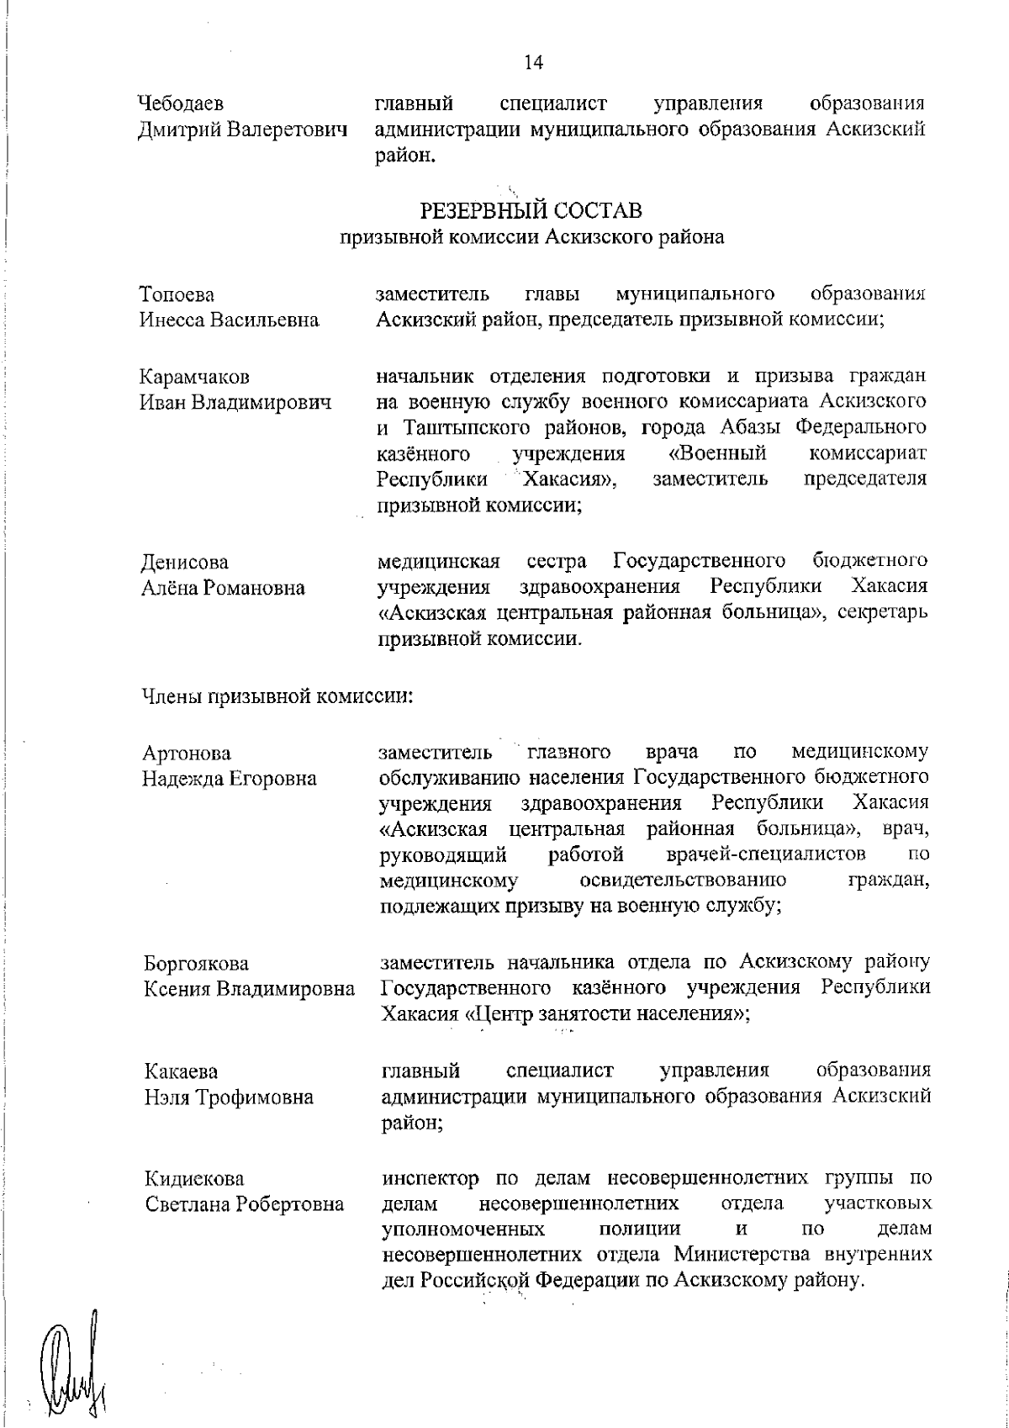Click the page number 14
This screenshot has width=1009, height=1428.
(533, 61)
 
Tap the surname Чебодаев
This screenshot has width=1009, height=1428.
(181, 104)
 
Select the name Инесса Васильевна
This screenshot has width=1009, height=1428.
(229, 320)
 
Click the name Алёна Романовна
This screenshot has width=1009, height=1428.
(223, 588)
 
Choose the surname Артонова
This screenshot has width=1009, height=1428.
(187, 752)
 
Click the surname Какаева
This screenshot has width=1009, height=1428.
(181, 1071)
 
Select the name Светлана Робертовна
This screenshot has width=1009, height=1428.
(245, 1203)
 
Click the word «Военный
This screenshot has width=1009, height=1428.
(716, 455)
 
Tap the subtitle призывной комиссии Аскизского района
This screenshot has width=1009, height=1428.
(531, 238)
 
